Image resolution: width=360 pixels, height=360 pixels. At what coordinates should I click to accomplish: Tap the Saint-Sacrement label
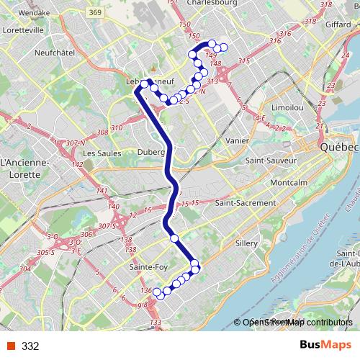[x=245, y=204]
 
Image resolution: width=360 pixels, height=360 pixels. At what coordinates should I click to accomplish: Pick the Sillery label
[x=246, y=244]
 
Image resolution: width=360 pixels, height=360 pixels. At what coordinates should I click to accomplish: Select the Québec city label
[x=338, y=147]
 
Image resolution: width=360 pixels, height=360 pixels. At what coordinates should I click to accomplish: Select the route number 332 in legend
[x=30, y=346]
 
